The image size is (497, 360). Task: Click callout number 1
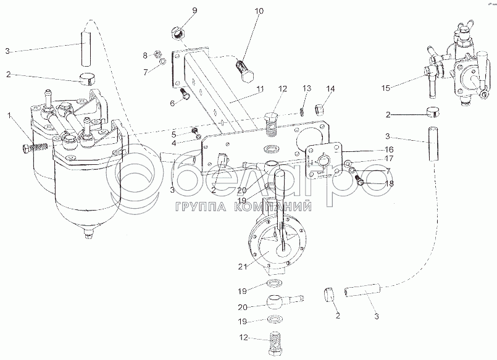[x=9, y=115]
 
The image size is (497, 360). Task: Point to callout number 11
[x=260, y=90]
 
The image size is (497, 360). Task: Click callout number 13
[x=306, y=90]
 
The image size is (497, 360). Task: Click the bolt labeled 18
[x=359, y=180]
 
